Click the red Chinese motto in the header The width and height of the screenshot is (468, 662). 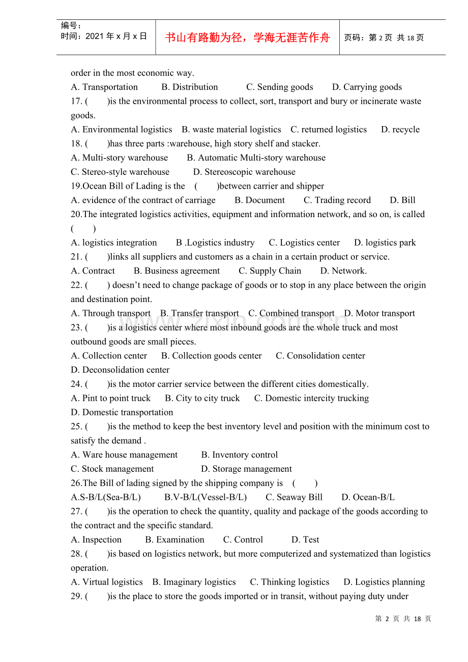click(x=248, y=38)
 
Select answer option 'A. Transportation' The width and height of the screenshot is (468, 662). click(x=104, y=87)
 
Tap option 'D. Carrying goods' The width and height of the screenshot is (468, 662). click(x=367, y=87)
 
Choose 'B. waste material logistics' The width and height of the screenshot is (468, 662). click(x=231, y=130)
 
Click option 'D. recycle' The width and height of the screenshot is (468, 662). click(x=400, y=130)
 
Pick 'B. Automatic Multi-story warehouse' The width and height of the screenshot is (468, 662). click(x=256, y=158)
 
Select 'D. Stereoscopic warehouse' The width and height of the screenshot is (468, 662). click(x=244, y=172)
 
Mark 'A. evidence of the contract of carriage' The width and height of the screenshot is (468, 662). click(x=143, y=200)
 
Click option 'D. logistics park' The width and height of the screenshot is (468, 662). click(x=385, y=243)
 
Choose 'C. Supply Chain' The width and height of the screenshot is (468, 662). click(x=270, y=271)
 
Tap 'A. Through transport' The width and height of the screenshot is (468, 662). click(x=110, y=313)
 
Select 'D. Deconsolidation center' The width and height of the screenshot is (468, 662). click(x=120, y=370)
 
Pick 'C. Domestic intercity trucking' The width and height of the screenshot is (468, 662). click(x=311, y=398)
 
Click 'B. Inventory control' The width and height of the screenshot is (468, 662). click(x=239, y=455)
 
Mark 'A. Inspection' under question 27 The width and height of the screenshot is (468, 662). click(x=96, y=540)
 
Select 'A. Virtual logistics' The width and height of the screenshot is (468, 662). click(x=107, y=582)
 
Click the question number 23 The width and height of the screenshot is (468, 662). click(x=76, y=327)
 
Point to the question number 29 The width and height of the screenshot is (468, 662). click(x=76, y=596)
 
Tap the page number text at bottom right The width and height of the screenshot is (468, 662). click(x=403, y=619)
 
